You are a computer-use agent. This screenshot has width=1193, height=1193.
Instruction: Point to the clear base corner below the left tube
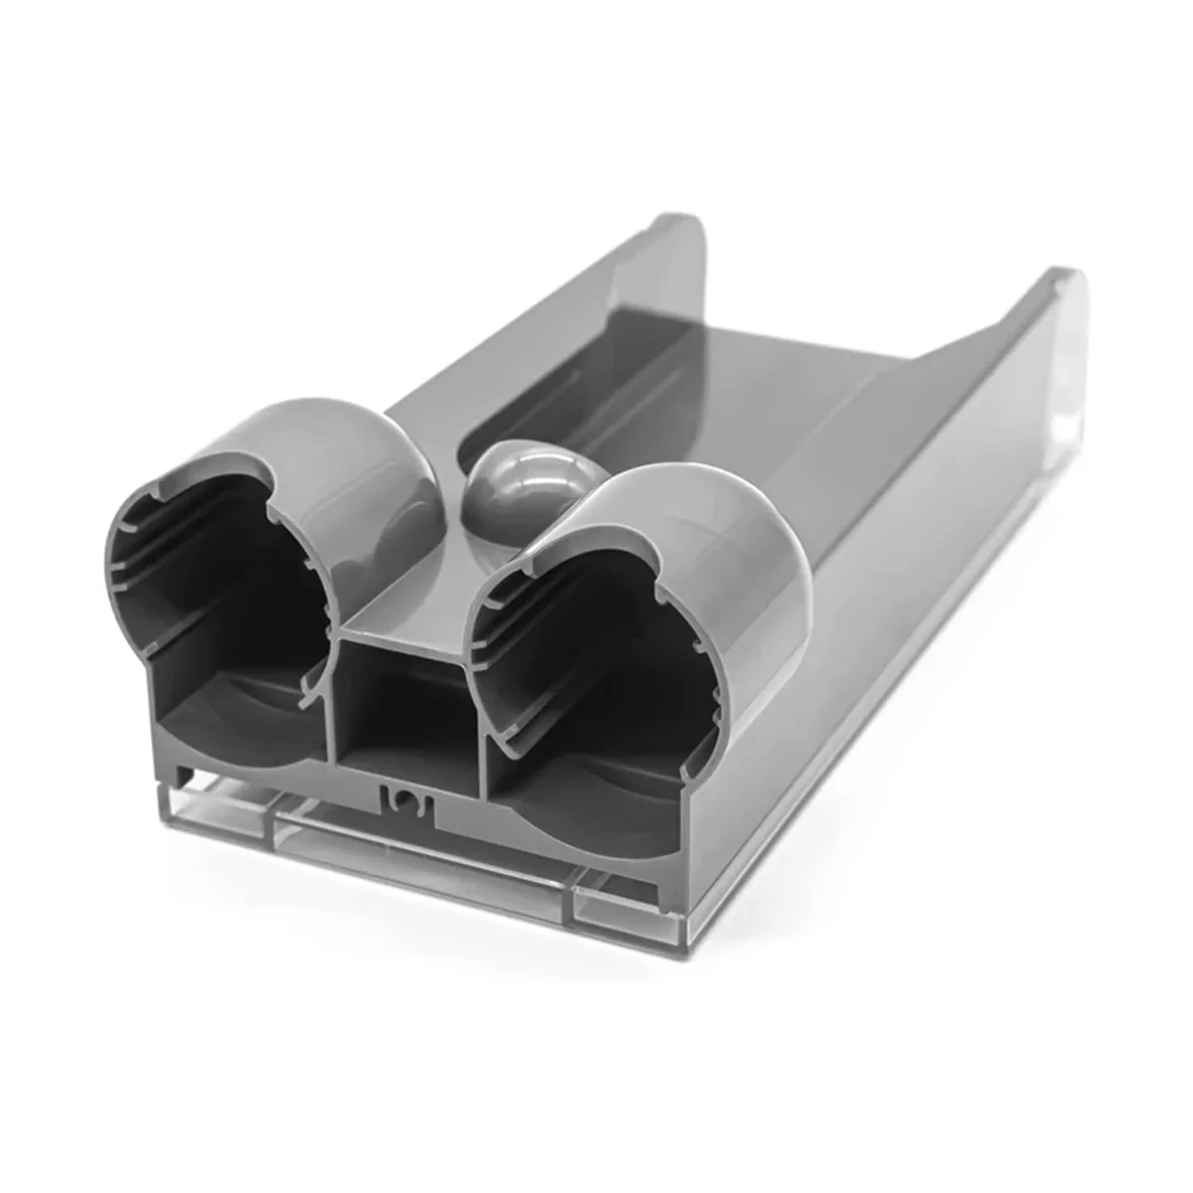pyautogui.click(x=174, y=795)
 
